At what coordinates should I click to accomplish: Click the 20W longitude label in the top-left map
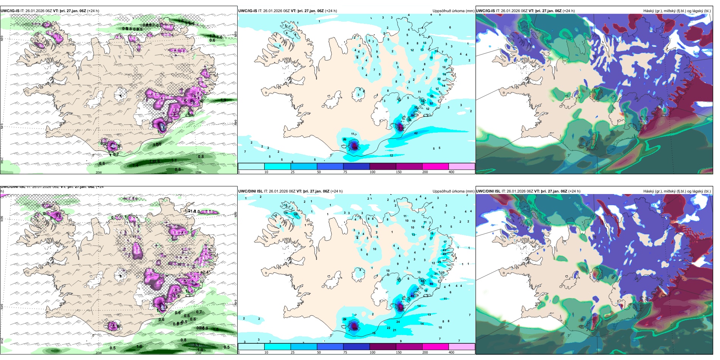[99, 172]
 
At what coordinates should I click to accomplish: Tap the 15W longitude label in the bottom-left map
[198, 353]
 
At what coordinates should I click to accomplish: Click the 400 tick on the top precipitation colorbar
[451, 172]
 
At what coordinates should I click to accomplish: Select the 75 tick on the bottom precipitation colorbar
[345, 352]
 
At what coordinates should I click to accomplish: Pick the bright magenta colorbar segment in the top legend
[435, 166]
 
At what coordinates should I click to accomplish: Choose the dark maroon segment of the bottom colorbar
[383, 347]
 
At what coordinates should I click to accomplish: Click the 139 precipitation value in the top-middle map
[400, 128]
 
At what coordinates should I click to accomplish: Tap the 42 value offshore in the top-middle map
[416, 133]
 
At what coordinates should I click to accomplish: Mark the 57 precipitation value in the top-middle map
[431, 103]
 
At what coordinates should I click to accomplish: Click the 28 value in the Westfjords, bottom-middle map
[295, 214]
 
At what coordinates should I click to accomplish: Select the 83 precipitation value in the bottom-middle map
[412, 296]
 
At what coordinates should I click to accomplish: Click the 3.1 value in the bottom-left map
[196, 345]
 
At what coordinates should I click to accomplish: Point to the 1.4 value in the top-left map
[135, 165]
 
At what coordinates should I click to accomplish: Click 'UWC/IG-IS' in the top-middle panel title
[247, 11]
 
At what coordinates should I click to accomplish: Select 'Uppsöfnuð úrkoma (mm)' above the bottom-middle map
[453, 191]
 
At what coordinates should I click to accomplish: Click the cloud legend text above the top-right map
[677, 11]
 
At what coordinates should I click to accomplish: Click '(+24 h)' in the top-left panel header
[93, 11]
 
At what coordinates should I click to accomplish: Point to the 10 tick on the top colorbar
[266, 172]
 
